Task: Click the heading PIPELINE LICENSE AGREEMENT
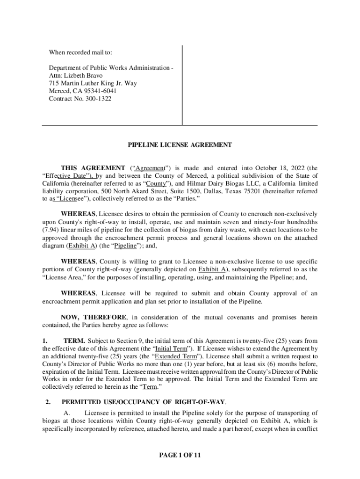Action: (x=180, y=145)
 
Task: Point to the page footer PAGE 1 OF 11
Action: (x=180, y=454)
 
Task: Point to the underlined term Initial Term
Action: (x=169, y=349)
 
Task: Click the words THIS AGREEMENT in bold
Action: (x=92, y=168)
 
